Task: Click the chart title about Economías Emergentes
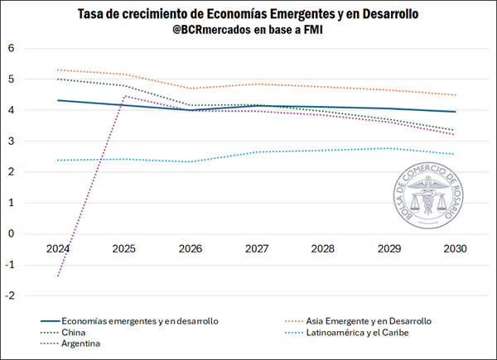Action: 248,15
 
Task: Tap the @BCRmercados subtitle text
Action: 248,31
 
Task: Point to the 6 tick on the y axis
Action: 12,48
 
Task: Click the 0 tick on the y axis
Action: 12,233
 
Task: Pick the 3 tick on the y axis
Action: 12,141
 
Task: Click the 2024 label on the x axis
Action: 58,247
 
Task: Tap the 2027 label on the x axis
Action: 257,247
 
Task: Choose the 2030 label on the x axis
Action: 455,247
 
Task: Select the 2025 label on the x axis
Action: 124,247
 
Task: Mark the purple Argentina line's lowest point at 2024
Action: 58,276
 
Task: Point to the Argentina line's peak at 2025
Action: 124,96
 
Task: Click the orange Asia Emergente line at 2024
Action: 58,70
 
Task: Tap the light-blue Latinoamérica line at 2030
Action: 455,154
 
